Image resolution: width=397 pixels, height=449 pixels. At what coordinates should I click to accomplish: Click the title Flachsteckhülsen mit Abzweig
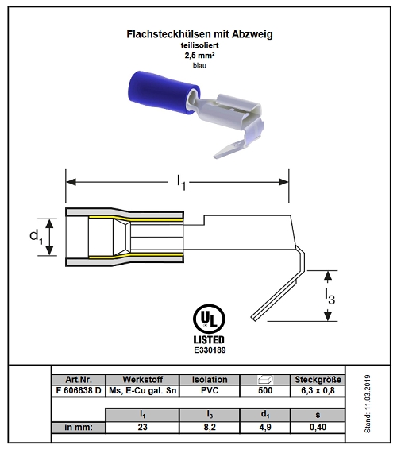click(199, 34)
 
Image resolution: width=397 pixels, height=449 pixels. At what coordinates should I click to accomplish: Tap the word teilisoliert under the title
click(199, 45)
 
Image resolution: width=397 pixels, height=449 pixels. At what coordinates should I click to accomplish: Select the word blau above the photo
click(199, 66)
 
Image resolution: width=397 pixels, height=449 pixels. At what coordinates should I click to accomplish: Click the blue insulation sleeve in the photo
click(164, 93)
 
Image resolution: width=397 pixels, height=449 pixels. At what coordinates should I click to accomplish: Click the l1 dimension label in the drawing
click(181, 183)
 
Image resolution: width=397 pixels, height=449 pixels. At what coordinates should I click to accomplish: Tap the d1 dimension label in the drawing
click(36, 237)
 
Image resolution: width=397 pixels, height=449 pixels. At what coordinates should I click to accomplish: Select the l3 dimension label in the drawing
click(330, 296)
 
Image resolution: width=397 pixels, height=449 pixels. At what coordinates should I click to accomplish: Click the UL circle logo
click(209, 319)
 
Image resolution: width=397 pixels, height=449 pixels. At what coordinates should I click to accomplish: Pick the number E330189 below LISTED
click(210, 350)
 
